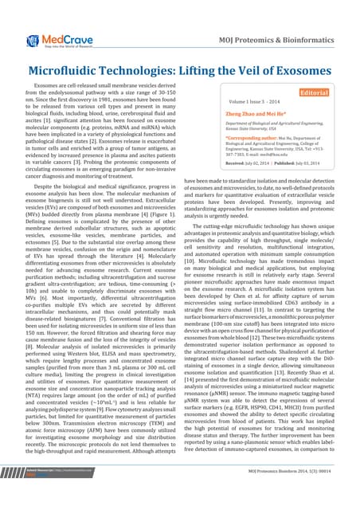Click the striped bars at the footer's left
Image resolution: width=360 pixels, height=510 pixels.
tap(11, 495)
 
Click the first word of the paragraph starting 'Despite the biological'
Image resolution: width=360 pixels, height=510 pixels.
tap(44, 184)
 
